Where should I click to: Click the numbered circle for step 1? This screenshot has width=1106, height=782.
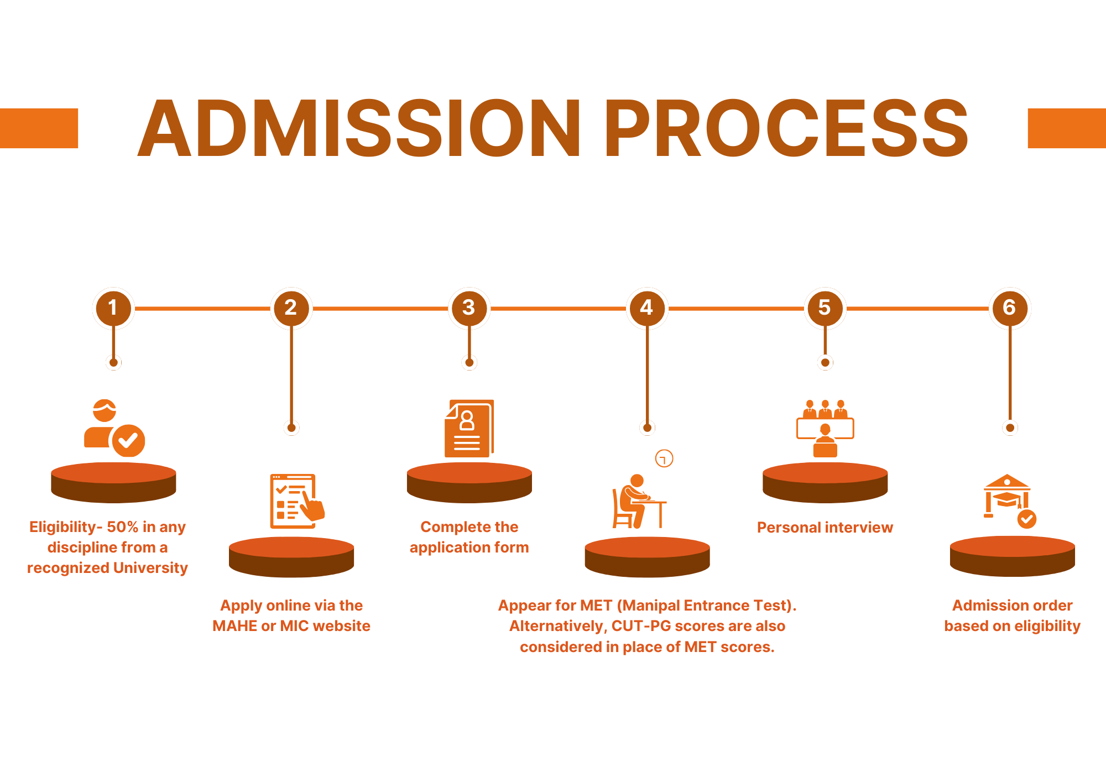click(x=113, y=308)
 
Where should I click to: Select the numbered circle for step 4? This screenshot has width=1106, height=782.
click(x=647, y=308)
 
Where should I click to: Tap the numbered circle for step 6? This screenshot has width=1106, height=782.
click(x=1010, y=308)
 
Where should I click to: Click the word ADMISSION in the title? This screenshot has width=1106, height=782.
click(x=359, y=128)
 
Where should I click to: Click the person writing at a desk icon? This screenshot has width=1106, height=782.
click(x=639, y=501)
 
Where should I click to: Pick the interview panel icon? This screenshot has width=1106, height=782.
click(x=825, y=428)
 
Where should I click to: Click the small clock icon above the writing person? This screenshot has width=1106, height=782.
click(x=664, y=458)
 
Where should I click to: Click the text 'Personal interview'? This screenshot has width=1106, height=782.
click(x=825, y=528)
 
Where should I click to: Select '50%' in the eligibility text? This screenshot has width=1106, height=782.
click(x=123, y=527)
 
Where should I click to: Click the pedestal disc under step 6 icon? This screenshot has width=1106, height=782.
click(x=1013, y=556)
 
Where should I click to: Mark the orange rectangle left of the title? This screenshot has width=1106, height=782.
click(x=39, y=128)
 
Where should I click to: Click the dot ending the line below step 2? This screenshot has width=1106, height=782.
click(x=291, y=428)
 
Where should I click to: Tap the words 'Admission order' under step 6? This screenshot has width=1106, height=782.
click(x=1013, y=606)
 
